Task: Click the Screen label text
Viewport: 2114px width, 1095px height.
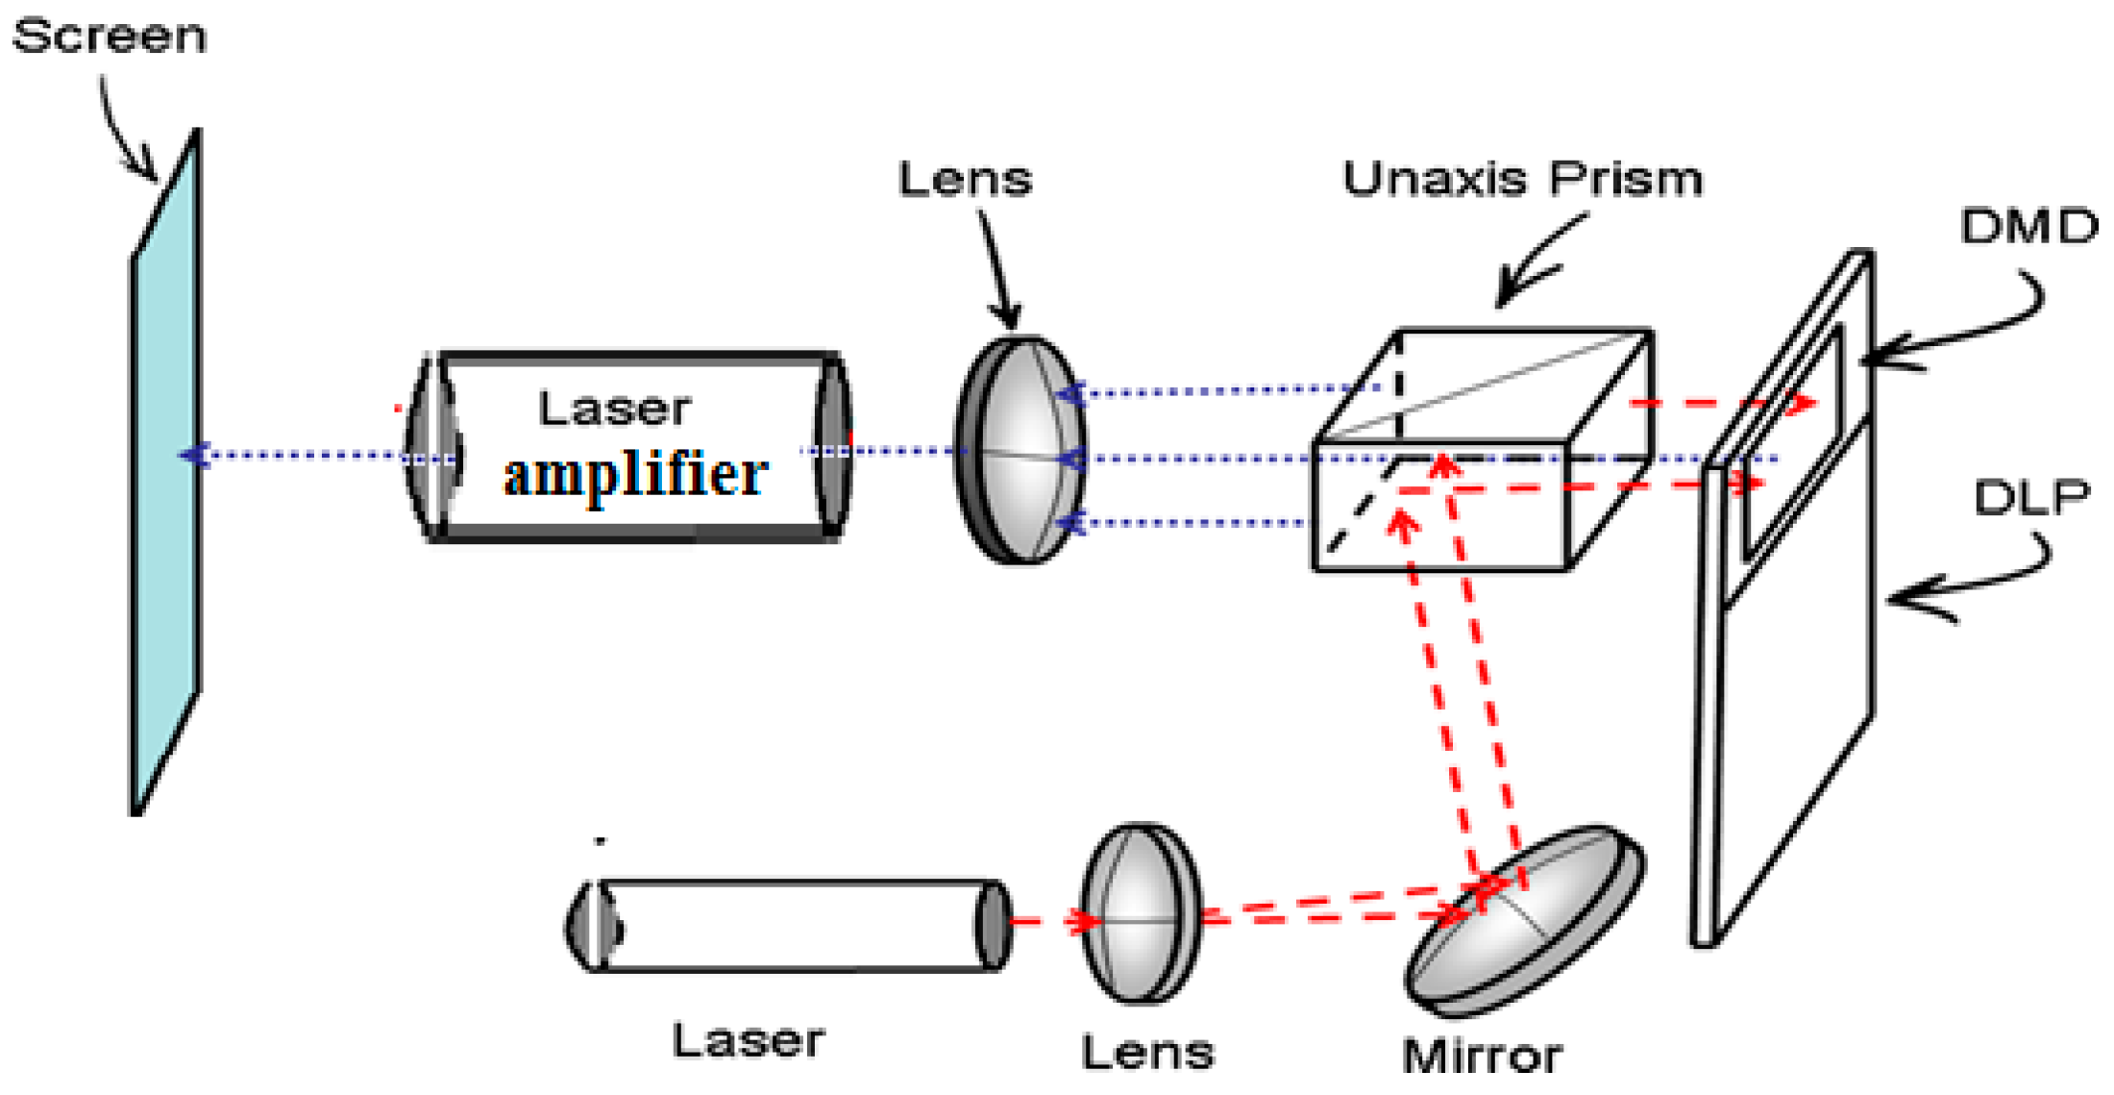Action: [110, 37]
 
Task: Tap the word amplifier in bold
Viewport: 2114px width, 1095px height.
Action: [635, 475]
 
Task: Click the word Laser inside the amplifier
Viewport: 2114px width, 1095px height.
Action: [614, 409]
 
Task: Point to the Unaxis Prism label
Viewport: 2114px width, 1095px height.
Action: [1522, 179]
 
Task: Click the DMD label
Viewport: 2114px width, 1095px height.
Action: [2028, 227]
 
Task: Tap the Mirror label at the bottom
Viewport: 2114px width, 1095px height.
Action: [1482, 1056]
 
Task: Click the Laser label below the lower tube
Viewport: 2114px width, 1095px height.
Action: [748, 1040]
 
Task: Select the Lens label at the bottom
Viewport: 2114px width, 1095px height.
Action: [1147, 1052]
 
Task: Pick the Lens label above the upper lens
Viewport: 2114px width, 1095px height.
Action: [965, 179]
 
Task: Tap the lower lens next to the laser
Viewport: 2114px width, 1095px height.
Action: [1141, 913]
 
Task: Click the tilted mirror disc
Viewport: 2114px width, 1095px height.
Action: [1523, 918]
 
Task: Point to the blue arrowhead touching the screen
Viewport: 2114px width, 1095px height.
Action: [195, 455]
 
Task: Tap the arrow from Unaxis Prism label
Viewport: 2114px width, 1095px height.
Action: [1537, 264]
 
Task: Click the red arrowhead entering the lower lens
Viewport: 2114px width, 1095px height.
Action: [1086, 922]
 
